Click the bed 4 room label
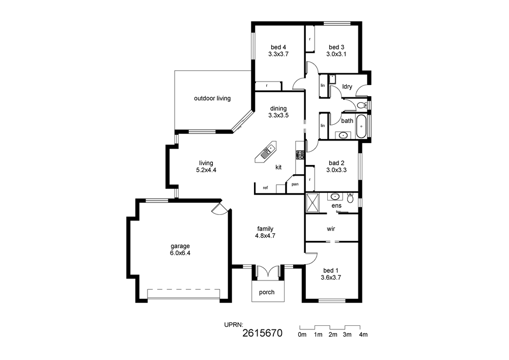pos(278,47)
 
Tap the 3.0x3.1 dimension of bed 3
pos(336,54)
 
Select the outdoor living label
pos(212,98)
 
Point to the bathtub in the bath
pos(361,126)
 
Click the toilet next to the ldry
pos(361,105)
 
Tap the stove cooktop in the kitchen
pos(300,155)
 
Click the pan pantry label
pos(295,184)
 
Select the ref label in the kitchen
pos(265,187)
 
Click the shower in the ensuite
pos(313,203)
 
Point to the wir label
pos(331,229)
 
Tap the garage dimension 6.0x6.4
pos(180,253)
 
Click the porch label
pos(267,292)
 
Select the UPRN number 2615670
pos(262,333)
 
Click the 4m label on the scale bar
pos(363,335)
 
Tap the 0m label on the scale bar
pos(302,335)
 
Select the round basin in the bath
pos(342,135)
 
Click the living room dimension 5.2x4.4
pos(206,170)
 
